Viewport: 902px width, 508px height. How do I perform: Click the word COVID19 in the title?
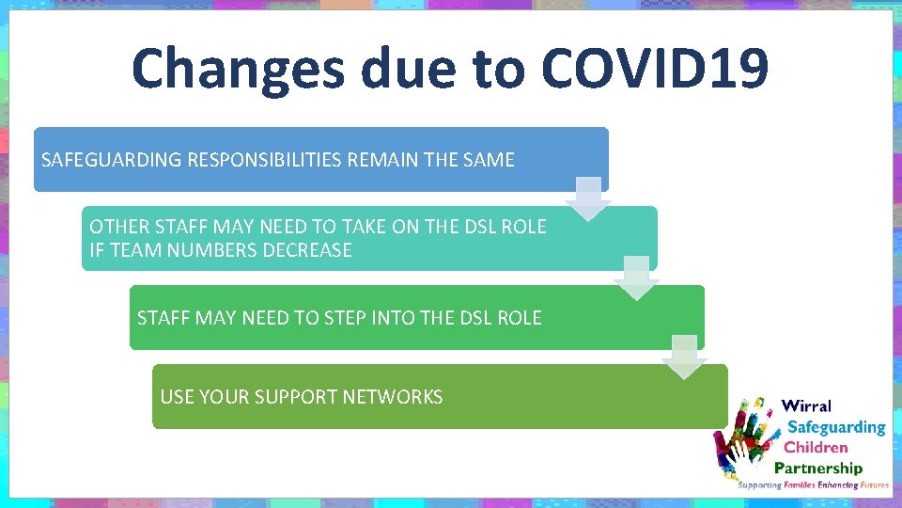point(655,68)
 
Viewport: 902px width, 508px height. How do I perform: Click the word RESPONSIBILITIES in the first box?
point(265,160)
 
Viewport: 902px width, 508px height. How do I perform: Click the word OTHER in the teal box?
point(118,227)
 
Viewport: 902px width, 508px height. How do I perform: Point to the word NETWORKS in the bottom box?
point(393,397)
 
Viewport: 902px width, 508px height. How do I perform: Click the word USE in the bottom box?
point(177,397)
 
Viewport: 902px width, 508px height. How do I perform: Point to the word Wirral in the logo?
point(806,406)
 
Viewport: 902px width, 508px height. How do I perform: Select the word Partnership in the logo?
point(817,468)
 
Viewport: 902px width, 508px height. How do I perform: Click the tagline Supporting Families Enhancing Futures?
point(813,485)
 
